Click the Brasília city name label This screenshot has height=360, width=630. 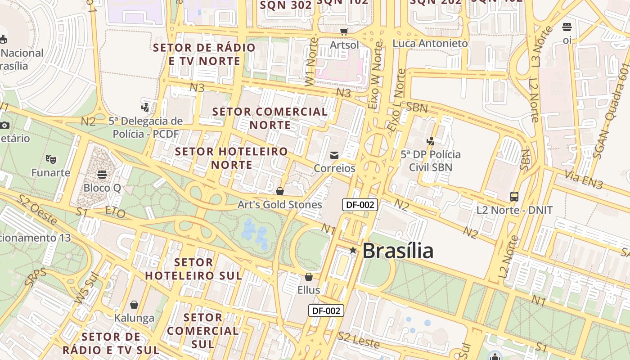398,251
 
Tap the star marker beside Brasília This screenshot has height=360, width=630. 353,250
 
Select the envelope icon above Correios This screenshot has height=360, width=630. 334,155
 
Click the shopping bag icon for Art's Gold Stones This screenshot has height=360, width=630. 280,191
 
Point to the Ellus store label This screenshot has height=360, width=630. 309,290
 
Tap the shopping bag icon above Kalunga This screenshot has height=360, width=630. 134,305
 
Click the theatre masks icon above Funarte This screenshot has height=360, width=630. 51,159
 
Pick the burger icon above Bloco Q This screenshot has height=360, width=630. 102,174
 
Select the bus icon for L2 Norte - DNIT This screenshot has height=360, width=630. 514,196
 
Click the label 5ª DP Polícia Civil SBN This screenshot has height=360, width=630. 431,161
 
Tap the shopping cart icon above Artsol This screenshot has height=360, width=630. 344,31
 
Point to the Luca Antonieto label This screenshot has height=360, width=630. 430,44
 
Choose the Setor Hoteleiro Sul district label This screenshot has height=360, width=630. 193,269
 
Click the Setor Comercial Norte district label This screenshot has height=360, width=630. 270,118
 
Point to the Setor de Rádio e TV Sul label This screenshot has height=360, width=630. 111,343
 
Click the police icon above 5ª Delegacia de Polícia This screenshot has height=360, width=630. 145,107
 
